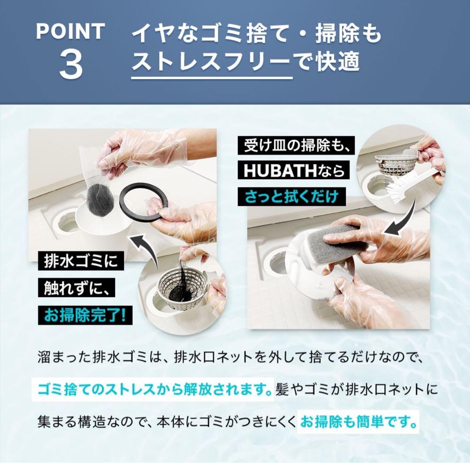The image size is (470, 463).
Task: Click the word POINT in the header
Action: coord(70,31)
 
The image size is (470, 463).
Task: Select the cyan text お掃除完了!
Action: coord(84,314)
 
